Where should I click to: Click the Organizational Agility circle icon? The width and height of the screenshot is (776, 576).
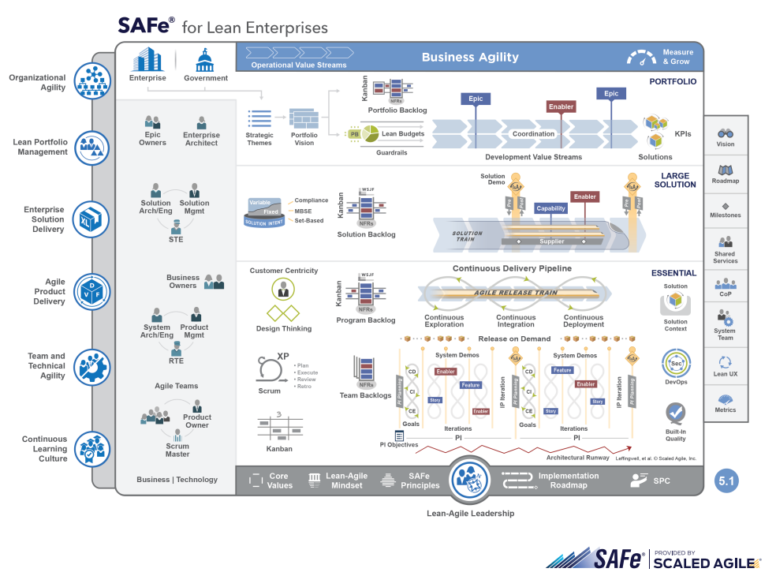[92, 81]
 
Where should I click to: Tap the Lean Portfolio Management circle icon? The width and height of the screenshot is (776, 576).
[92, 147]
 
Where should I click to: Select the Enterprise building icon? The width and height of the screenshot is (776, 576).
[147, 59]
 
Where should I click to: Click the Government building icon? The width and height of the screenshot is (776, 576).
[206, 59]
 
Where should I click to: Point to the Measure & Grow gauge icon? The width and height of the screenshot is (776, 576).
[641, 58]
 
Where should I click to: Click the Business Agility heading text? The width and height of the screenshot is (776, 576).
[470, 57]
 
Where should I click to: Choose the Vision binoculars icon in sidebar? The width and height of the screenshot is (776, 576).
[726, 133]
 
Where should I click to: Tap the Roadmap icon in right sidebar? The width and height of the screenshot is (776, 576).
[726, 170]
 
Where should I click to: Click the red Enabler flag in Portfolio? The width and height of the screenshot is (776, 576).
[561, 107]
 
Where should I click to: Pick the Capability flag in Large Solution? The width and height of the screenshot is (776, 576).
[551, 208]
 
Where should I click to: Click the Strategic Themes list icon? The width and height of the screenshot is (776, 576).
[259, 118]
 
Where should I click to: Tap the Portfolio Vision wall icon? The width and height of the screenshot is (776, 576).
[304, 118]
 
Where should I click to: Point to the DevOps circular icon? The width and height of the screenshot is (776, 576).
[676, 364]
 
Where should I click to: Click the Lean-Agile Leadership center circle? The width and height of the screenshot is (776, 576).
[470, 479]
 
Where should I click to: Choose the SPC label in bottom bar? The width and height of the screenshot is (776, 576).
[662, 480]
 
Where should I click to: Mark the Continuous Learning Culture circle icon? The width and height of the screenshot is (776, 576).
[92, 448]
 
